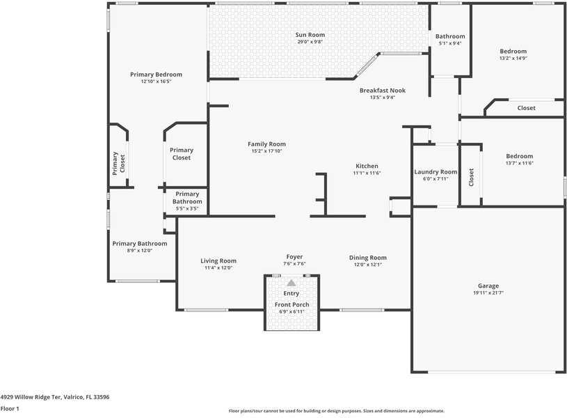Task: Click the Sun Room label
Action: [310, 35]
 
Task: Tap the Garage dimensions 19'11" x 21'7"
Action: [488, 293]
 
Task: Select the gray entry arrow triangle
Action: [291, 283]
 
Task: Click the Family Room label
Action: [266, 144]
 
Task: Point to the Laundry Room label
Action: [436, 171]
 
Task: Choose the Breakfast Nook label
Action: [382, 90]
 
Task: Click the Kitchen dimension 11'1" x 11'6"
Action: [367, 173]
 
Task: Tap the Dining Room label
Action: [368, 258]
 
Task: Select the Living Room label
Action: [218, 261]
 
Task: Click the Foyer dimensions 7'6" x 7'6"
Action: [294, 264]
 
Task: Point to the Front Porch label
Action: [292, 304]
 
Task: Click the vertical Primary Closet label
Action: [118, 163]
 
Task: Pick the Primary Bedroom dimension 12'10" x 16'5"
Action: [156, 82]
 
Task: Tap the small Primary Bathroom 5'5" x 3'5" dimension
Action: [187, 208]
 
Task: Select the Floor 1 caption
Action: [10, 408]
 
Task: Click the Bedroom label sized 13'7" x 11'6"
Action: [519, 156]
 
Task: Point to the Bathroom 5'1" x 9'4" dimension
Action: [450, 43]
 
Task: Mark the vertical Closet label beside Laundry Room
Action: [471, 177]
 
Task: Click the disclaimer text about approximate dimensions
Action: [336, 411]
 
